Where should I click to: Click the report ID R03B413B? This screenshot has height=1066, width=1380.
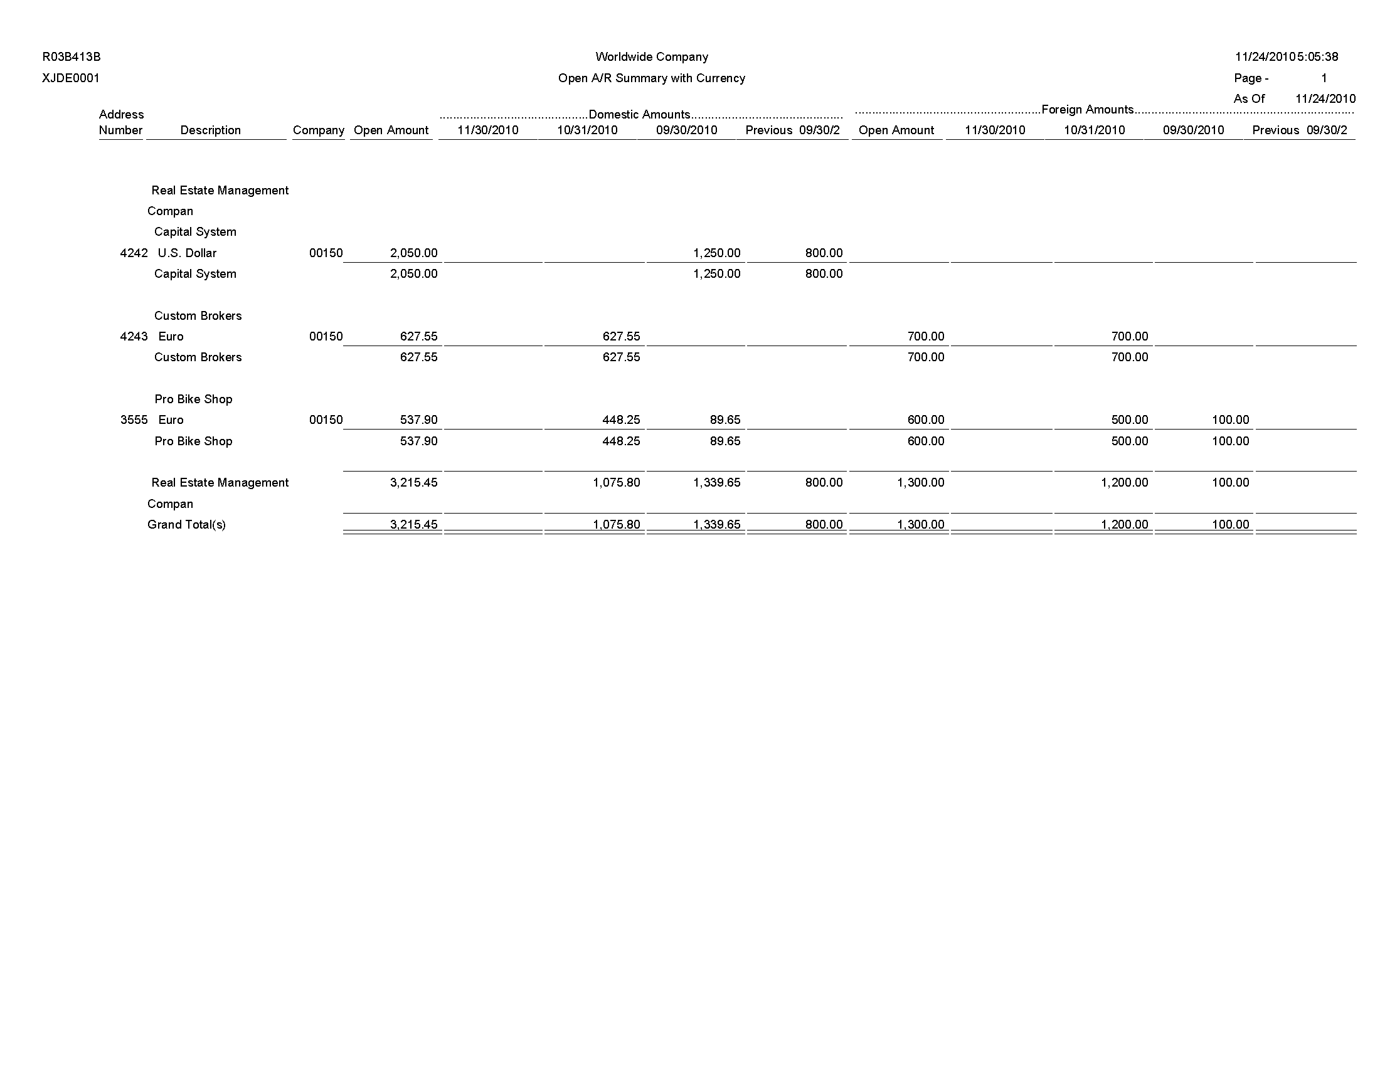72,57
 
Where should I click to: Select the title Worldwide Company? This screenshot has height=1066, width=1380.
652,57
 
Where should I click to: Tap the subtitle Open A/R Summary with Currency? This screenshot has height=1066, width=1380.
652,78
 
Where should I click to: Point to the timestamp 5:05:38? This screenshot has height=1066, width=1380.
1318,57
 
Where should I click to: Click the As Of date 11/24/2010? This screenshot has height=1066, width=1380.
1325,99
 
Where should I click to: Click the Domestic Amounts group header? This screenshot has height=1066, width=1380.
639,114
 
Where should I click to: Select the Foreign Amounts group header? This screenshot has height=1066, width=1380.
1088,110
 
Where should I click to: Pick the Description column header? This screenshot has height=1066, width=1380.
210,130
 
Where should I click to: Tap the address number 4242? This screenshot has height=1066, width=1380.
134,253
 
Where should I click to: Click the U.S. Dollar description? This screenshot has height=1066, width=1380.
187,253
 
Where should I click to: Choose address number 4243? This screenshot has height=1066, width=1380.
134,337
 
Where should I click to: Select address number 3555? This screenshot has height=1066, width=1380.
134,420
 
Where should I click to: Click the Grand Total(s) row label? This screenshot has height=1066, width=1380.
186,525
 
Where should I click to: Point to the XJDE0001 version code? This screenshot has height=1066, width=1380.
71,78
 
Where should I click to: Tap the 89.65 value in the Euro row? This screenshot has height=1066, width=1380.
724,420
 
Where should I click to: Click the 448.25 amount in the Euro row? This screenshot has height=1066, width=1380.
621,420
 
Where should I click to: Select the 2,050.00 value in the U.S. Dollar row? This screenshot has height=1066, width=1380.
414,253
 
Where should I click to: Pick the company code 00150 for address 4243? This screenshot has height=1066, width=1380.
326,337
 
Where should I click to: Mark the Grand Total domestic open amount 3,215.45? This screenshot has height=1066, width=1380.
414,525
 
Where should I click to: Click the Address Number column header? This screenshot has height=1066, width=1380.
120,122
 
